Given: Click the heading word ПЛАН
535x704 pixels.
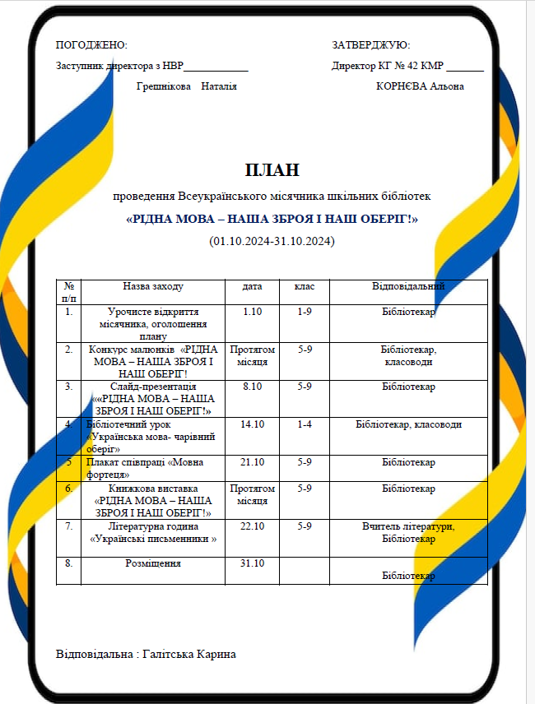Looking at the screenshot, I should (x=272, y=170).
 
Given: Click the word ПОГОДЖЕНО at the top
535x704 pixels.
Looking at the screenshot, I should (x=91, y=45).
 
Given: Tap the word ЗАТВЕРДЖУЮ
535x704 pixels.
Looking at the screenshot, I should (x=370, y=45).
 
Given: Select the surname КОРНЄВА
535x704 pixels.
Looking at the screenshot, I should (x=401, y=86).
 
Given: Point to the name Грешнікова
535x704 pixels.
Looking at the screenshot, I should (x=164, y=86).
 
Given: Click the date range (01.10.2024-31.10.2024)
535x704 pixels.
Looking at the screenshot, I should (x=272, y=241).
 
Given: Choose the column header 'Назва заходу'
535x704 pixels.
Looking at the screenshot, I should (x=153, y=286).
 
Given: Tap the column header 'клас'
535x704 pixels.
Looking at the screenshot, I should (x=305, y=286).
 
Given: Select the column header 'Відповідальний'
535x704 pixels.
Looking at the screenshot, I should (x=408, y=286).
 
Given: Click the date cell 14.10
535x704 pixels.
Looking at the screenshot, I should (x=252, y=424).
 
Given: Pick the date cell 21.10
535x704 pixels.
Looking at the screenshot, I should (x=252, y=462).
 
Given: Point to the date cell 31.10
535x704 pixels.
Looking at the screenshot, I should (x=252, y=563).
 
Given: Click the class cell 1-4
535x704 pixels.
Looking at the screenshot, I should (x=305, y=424).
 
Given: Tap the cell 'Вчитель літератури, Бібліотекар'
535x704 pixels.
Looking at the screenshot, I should (x=408, y=532).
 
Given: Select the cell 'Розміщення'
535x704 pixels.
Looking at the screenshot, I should (x=153, y=563).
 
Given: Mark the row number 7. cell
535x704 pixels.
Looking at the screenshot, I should (x=69, y=526).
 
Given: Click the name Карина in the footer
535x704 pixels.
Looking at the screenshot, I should (x=212, y=654).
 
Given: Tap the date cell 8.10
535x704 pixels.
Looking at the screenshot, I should (x=252, y=386).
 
